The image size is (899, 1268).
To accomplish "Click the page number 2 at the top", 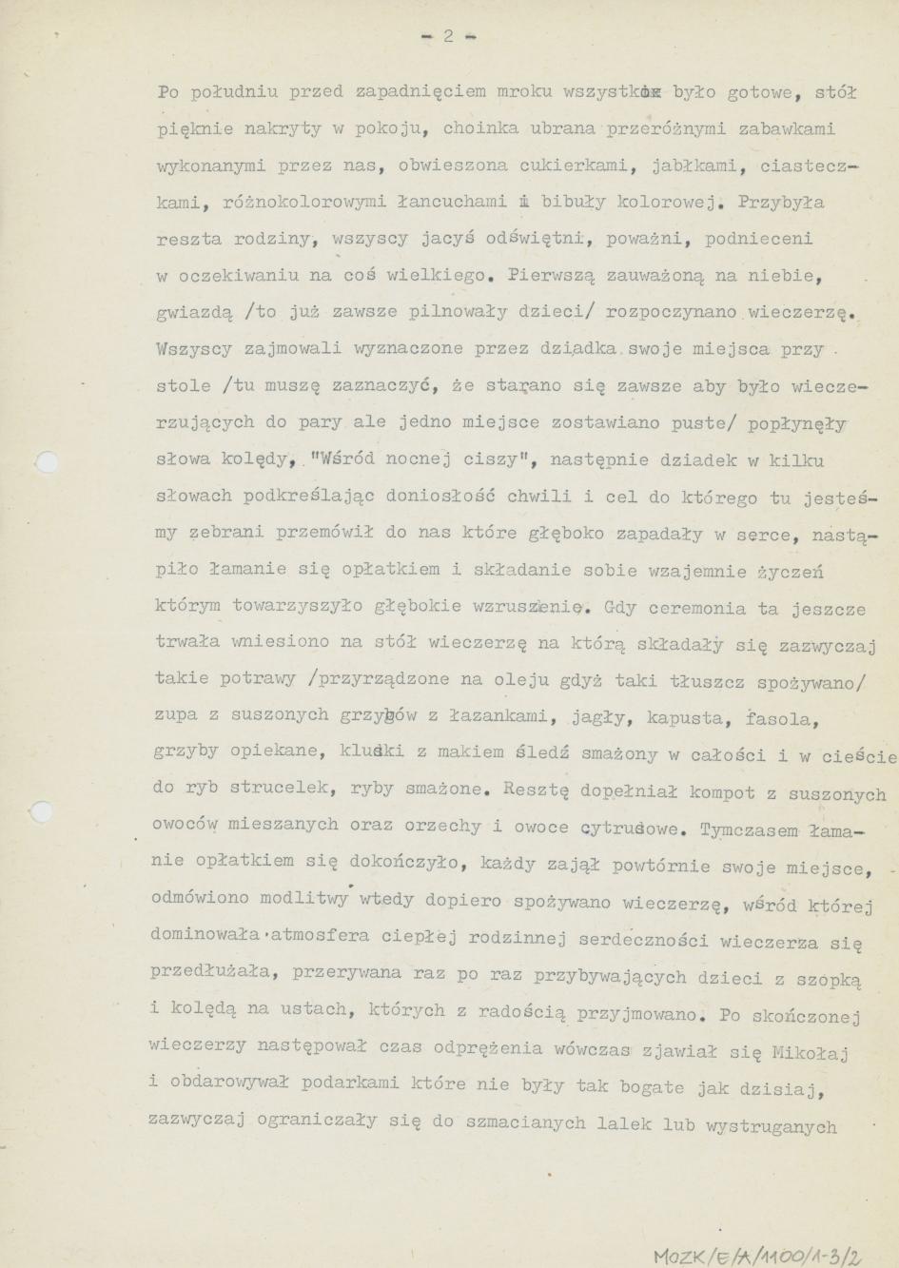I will click(448, 37).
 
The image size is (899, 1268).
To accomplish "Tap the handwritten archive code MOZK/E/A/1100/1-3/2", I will click(757, 1256).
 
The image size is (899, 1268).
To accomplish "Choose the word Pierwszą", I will click(552, 277).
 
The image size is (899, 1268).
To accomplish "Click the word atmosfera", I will click(318, 936).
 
